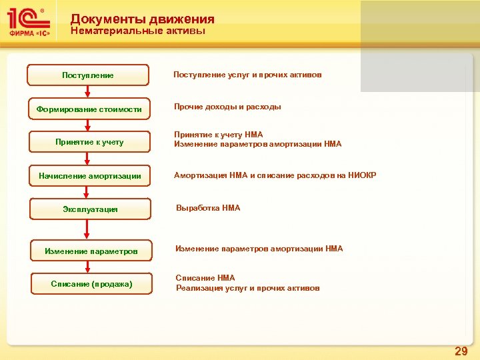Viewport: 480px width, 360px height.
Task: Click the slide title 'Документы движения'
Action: [x=142, y=19]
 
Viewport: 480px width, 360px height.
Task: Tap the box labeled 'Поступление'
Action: [x=88, y=75]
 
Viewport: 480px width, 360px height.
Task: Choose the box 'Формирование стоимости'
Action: [x=89, y=109]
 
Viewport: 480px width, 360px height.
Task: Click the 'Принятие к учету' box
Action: [x=89, y=142]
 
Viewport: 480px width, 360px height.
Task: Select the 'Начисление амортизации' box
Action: [x=89, y=176]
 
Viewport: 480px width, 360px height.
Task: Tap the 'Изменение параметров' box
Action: [x=91, y=251]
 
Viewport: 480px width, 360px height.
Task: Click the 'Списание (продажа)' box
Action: [x=91, y=284]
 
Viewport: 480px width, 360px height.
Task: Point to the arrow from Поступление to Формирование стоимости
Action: [x=88, y=92]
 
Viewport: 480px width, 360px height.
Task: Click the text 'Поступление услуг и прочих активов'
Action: [x=247, y=75]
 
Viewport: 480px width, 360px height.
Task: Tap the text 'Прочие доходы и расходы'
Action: [x=227, y=107]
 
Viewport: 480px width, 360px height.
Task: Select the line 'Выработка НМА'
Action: [x=208, y=208]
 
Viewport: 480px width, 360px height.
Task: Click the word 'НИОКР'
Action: [x=363, y=175]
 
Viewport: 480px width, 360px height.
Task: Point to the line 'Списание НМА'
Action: [x=205, y=278]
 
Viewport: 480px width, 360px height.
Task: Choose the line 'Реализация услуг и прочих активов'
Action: [x=247, y=288]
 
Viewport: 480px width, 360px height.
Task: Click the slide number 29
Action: [x=461, y=351]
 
